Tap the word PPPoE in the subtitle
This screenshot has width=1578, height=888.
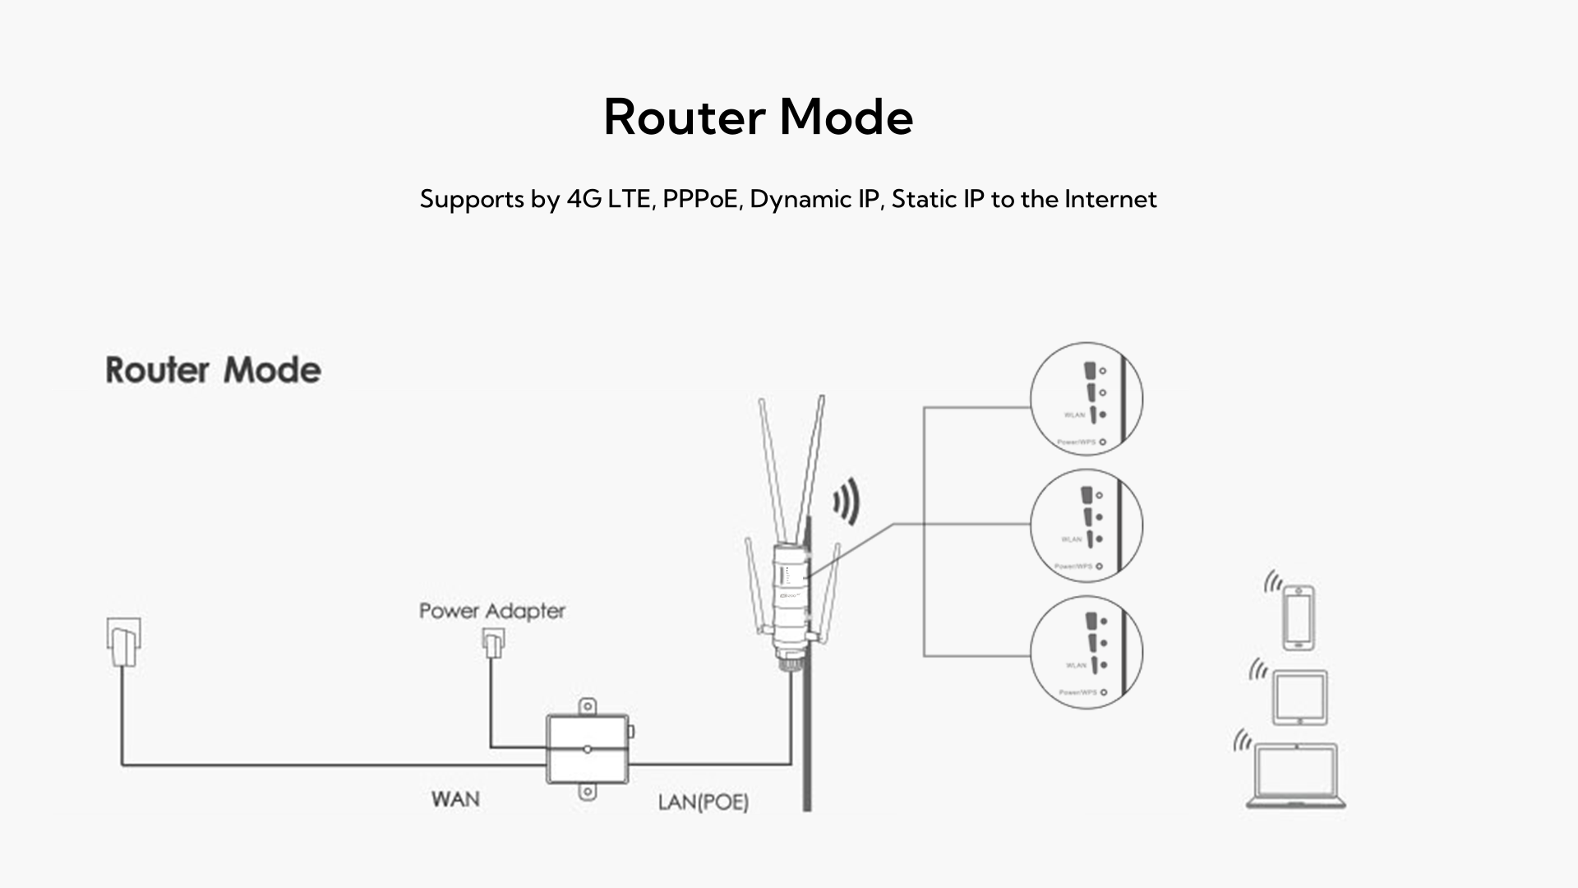700,199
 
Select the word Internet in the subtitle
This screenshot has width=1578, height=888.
1110,199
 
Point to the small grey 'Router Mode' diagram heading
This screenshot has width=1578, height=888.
213,370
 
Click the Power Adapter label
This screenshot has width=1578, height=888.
491,611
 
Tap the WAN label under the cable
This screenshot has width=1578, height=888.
455,799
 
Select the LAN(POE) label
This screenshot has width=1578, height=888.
703,802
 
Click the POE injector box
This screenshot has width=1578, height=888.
588,749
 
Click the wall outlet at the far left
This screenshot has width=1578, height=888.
123,641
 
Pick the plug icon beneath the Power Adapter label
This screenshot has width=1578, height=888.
492,643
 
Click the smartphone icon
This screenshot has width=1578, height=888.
1298,617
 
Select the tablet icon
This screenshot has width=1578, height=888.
1299,697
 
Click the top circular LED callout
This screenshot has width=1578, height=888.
1086,399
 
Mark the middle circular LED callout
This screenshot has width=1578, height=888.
1086,525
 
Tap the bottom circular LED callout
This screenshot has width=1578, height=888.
1086,651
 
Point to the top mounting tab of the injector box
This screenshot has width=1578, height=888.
587,706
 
